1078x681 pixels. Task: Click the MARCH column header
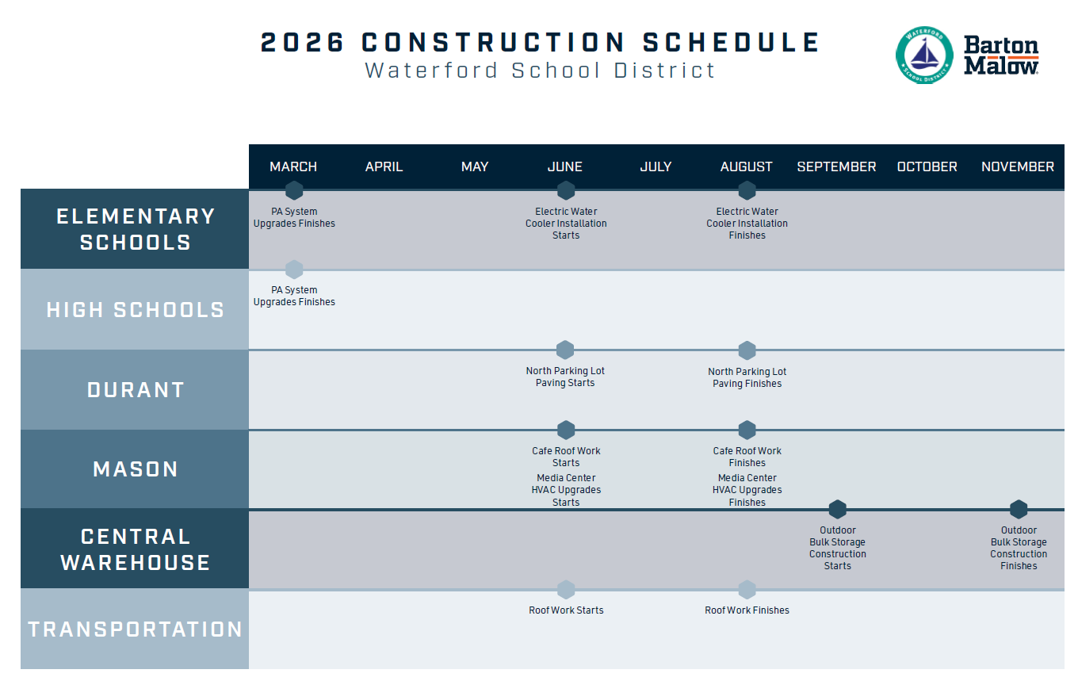point(293,166)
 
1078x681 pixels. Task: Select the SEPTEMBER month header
point(836,166)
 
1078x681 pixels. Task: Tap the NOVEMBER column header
point(1018,166)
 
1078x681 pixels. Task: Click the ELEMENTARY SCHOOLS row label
point(136,229)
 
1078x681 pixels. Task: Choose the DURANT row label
point(136,390)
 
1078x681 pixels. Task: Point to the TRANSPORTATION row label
point(136,629)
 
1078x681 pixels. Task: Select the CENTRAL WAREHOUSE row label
point(136,549)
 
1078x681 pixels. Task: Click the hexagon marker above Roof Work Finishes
point(747,590)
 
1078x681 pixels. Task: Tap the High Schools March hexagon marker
point(294,270)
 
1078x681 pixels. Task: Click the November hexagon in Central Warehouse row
point(1019,510)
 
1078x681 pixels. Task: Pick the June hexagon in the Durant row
point(565,350)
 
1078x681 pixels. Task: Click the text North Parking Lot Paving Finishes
point(747,377)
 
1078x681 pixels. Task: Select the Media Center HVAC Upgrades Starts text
point(566,490)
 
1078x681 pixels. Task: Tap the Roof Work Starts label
point(566,610)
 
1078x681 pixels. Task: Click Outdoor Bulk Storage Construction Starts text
point(838,548)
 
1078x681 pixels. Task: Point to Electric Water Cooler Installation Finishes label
point(747,224)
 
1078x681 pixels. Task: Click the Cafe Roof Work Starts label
point(566,457)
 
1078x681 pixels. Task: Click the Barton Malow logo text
point(1001,55)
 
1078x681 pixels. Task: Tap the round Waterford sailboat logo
point(924,55)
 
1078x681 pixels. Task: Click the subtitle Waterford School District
point(540,70)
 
